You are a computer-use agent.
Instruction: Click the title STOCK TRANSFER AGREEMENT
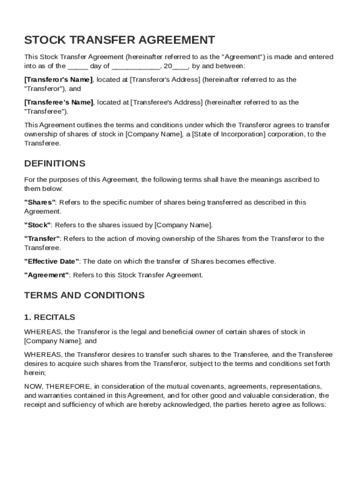120,40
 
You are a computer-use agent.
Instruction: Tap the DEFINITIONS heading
55,163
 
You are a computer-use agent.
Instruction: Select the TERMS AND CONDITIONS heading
84,295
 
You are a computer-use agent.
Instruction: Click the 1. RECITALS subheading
50,317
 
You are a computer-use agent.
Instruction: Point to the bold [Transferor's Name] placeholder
58,80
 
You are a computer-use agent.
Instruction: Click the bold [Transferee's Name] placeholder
58,102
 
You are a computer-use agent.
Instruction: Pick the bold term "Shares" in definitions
40,202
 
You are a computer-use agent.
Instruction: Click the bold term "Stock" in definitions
38,225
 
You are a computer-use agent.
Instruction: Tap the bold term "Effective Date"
52,261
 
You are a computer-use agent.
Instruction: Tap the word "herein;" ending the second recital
35,372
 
